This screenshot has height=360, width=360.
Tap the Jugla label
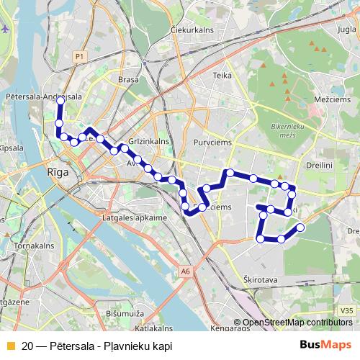tap(346, 30)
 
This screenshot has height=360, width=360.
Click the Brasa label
tap(127, 81)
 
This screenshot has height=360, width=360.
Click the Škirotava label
tap(256, 276)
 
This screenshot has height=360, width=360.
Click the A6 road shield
tap(186, 271)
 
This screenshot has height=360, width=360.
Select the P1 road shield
tap(79, 55)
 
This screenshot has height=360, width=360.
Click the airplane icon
tap(6, 29)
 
